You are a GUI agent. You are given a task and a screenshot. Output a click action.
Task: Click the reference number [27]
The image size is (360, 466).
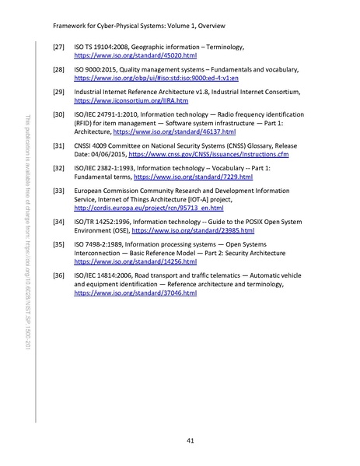[57, 48]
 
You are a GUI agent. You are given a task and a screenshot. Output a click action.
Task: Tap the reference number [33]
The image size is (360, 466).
[57, 190]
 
